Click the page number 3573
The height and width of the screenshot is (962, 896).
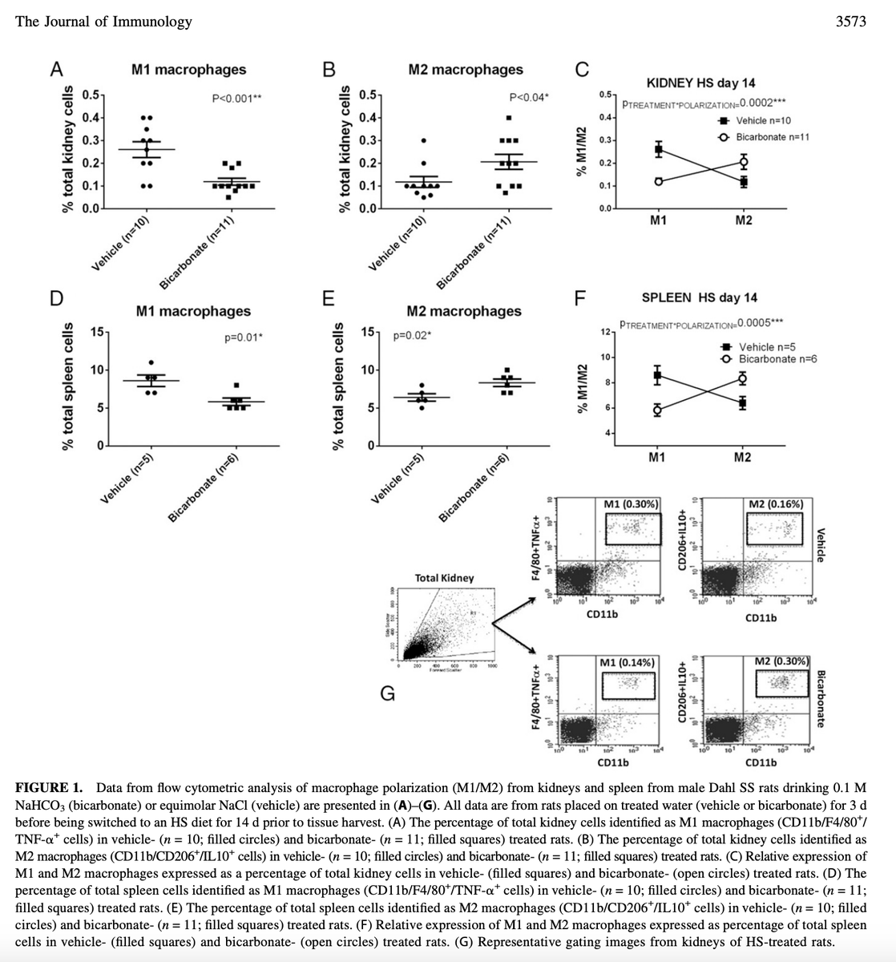[850, 22]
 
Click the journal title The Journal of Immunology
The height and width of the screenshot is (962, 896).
[104, 22]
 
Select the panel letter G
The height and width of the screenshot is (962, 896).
[386, 694]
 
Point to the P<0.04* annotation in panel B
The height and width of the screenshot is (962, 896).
[529, 98]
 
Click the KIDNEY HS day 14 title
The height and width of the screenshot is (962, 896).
[700, 83]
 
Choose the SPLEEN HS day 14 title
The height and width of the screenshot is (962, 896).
[699, 297]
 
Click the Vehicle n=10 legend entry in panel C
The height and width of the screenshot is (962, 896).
[762, 120]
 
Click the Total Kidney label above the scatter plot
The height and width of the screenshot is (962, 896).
[444, 577]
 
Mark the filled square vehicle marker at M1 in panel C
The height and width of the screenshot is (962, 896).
[659, 149]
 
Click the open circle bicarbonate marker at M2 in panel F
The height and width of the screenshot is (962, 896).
[743, 378]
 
